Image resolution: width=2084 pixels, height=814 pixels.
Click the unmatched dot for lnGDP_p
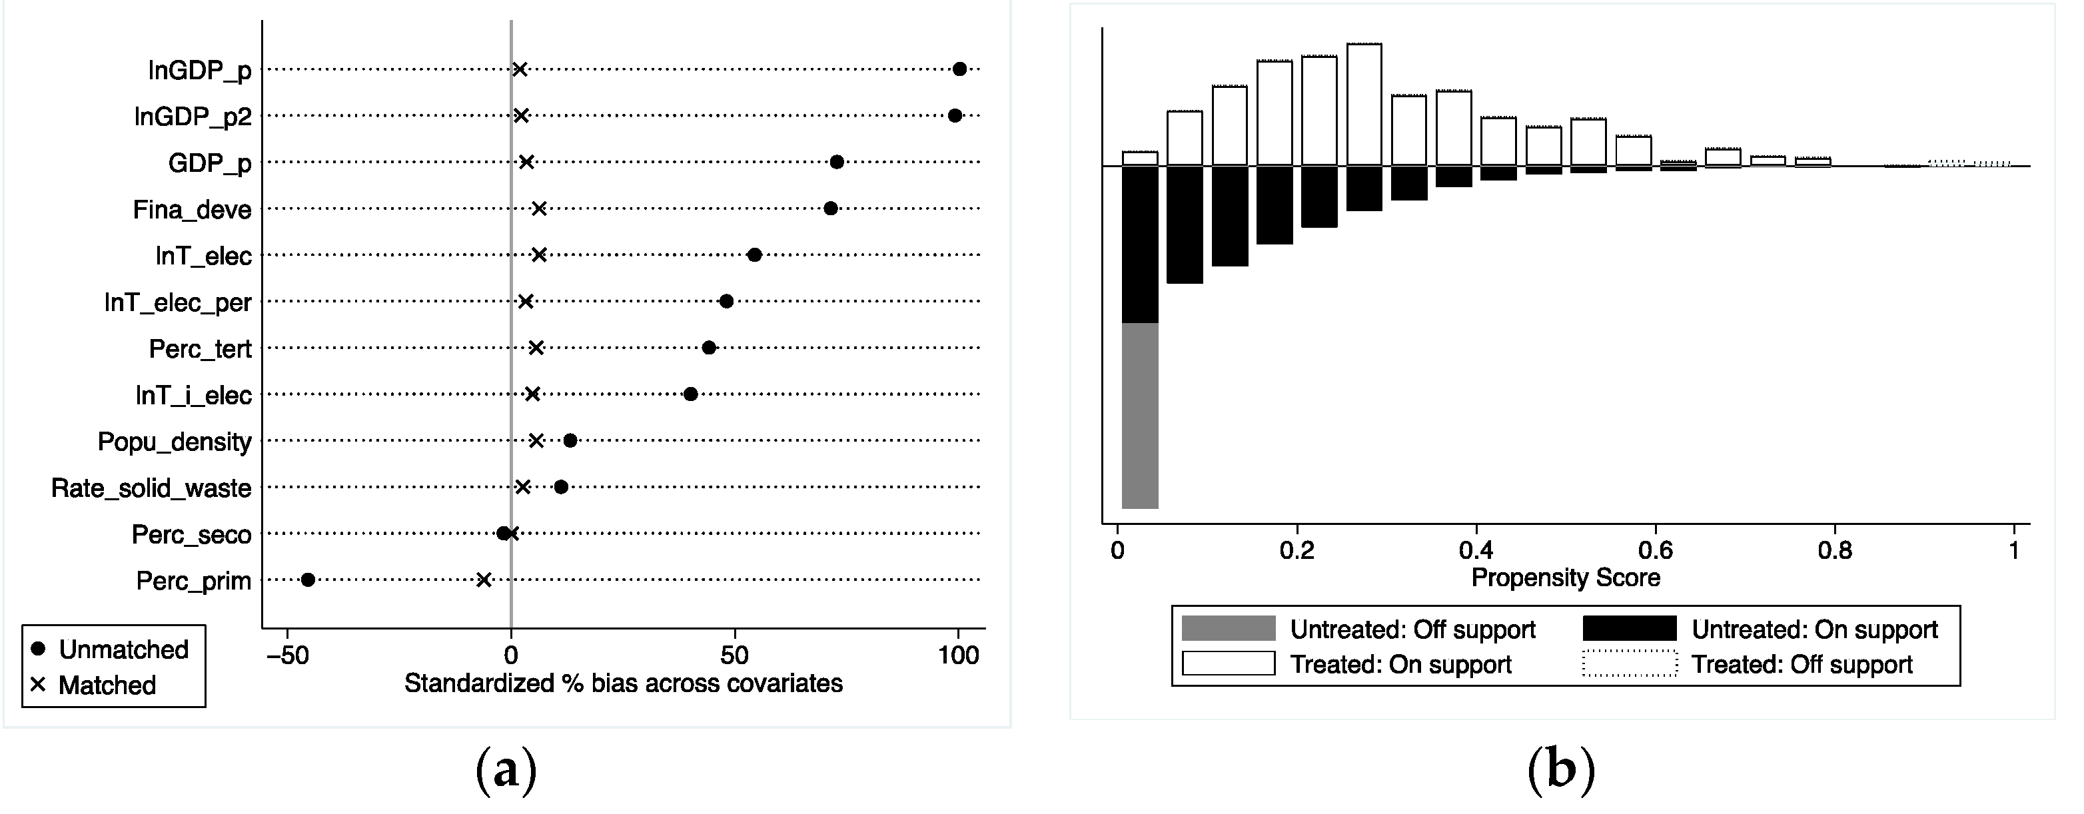(959, 69)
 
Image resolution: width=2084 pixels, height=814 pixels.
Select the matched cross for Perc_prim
(483, 580)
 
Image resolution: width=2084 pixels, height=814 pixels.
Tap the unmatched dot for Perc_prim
(307, 580)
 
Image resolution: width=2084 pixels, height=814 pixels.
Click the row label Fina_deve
(192, 210)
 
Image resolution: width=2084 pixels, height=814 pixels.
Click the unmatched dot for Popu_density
(570, 441)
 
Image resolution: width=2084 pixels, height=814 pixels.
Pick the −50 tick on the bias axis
(288, 655)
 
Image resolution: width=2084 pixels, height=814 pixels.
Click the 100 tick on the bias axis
(959, 655)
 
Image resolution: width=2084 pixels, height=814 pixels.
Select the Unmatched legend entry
(109, 649)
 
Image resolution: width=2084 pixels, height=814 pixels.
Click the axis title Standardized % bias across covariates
(623, 683)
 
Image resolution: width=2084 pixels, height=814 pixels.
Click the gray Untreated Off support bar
(1140, 415)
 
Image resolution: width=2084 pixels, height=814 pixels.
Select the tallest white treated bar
(1364, 105)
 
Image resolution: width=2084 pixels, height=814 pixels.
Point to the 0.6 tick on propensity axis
(1655, 551)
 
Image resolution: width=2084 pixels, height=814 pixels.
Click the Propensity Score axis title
(1566, 578)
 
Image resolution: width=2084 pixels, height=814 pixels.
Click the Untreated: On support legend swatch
(1630, 629)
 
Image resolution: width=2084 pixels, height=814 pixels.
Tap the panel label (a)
(506, 769)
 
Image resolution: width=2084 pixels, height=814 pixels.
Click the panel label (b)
(1562, 769)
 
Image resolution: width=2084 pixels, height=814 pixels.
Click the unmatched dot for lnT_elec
(754, 255)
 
